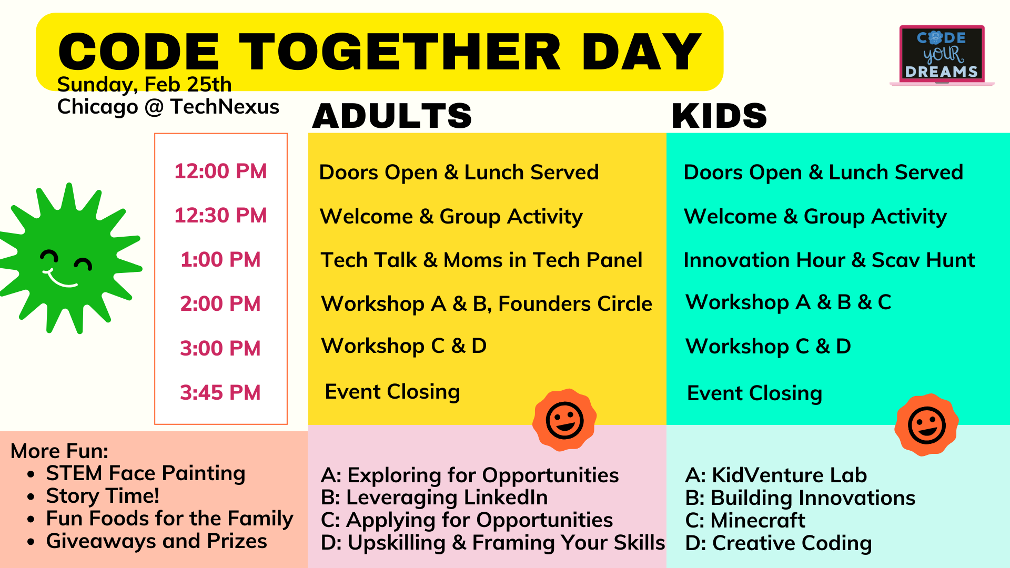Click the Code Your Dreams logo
click(942, 55)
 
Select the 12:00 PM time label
click(220, 171)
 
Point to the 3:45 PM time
click(220, 393)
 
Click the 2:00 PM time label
click(220, 304)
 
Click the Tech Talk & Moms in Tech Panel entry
click(481, 260)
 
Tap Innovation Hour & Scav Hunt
click(829, 260)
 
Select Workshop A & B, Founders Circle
click(487, 304)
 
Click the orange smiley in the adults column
click(564, 420)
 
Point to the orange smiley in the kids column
click(926, 425)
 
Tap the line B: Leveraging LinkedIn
click(435, 498)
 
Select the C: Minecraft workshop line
click(745, 521)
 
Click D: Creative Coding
click(779, 543)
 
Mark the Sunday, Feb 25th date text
click(144, 85)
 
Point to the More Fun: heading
click(59, 451)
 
